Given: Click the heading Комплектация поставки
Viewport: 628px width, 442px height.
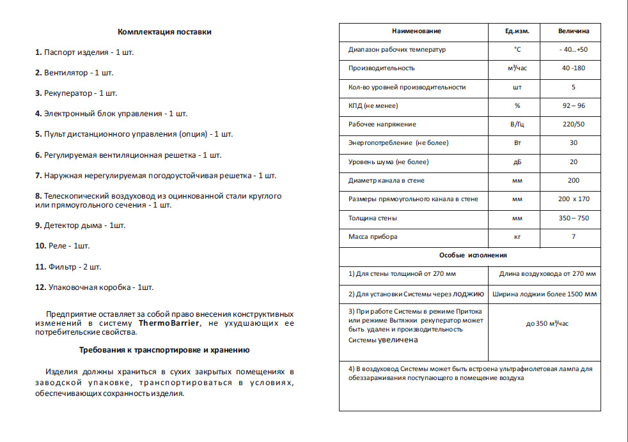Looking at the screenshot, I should coord(164,31).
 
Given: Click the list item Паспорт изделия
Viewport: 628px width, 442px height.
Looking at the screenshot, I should coord(84,52).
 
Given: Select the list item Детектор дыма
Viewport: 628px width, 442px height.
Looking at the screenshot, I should coord(81,225).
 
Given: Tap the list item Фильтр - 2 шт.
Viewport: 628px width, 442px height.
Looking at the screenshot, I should coord(68,266).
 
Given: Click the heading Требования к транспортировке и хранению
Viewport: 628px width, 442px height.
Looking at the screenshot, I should coord(164,350).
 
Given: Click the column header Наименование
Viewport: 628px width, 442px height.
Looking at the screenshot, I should coord(416,31).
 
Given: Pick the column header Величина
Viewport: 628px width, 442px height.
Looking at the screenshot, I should coord(574,31).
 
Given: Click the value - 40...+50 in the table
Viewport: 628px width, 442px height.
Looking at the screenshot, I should coord(573,49).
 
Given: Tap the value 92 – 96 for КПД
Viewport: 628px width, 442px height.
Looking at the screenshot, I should coord(573,105).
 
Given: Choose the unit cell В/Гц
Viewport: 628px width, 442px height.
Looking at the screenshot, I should coord(517,125).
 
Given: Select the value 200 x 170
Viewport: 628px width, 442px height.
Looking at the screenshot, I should coord(573,199).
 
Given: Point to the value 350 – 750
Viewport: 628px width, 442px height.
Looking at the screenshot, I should coord(573,218).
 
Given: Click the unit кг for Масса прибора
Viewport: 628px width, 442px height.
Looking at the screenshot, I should coord(517,237).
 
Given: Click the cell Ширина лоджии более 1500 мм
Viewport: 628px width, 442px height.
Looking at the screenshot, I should coord(545,294).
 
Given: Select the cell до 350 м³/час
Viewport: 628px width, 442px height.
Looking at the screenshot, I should coord(547,324).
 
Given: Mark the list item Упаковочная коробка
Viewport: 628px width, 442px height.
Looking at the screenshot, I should coord(95,287).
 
